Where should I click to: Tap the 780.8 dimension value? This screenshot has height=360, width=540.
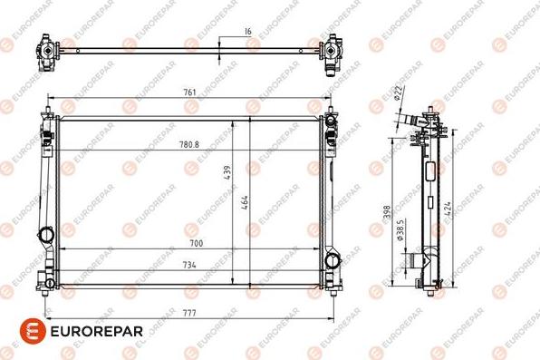point(188,144)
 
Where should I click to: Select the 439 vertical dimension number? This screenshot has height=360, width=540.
point(229,171)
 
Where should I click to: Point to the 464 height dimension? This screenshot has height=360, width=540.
point(244,201)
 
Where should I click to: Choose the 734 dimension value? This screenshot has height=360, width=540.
point(188,265)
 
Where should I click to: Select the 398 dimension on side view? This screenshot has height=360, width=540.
point(386,209)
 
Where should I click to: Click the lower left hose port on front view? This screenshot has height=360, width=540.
point(44,234)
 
